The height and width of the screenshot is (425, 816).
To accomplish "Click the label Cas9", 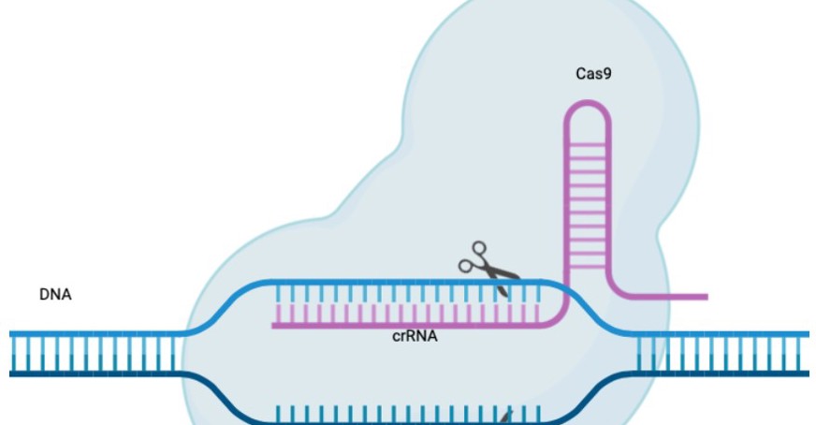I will click(592, 72).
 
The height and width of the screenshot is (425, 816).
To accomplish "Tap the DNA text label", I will click(55, 295).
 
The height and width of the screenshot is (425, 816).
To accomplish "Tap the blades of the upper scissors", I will click(503, 275).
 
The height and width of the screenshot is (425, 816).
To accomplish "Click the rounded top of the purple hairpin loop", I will click(587, 110).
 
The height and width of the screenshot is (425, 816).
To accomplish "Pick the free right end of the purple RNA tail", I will click(704, 298).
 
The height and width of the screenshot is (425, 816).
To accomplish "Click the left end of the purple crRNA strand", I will click(276, 325).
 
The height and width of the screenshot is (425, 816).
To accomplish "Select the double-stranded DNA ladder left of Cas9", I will click(94, 353).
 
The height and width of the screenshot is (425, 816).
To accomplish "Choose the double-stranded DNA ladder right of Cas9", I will click(721, 353).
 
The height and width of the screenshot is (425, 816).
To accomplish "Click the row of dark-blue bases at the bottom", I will click(402, 415).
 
